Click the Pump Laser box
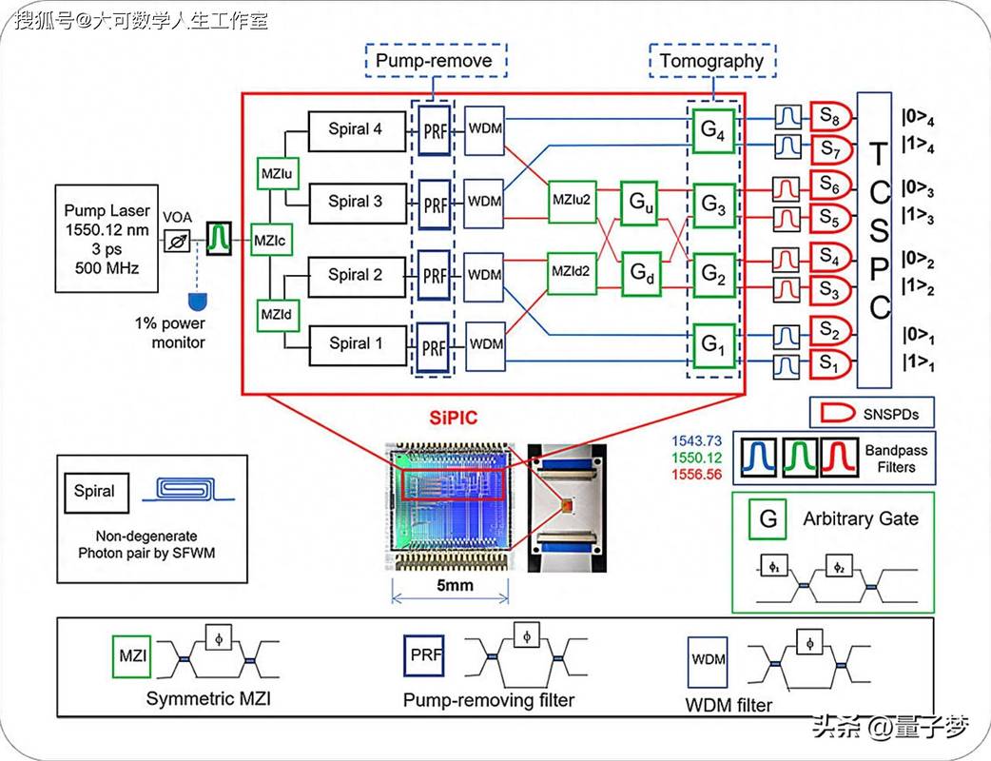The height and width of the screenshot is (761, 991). point(107,238)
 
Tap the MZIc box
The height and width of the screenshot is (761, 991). point(270,240)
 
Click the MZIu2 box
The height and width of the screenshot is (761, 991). point(572,201)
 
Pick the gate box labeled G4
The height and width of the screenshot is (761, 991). point(713,131)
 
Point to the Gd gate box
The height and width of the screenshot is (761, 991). point(642,274)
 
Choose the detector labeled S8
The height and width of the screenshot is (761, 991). point(831,116)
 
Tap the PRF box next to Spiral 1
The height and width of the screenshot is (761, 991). point(433,348)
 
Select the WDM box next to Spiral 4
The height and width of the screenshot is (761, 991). point(485,130)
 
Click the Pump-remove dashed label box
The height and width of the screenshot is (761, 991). point(437,61)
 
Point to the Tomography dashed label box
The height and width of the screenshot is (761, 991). point(712,61)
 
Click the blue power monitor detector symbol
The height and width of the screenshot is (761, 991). point(198,301)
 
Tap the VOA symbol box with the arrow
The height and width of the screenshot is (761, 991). point(177,241)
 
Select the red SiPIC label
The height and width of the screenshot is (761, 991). point(454,418)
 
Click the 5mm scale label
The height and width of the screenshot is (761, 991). point(455,585)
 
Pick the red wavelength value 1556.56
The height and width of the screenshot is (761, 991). point(696,475)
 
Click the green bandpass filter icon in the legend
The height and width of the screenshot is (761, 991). point(800,457)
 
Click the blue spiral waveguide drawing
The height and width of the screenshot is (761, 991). point(187,490)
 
